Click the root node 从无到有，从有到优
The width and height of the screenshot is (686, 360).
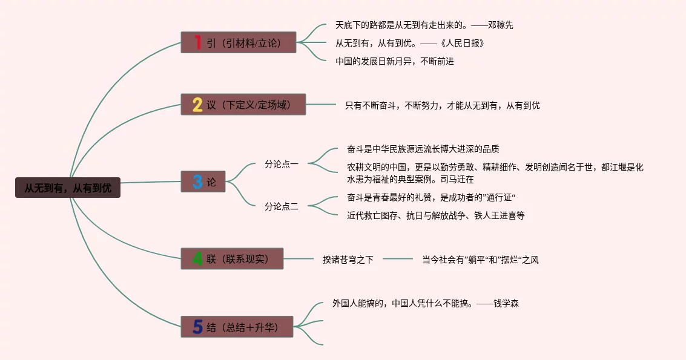(68, 188)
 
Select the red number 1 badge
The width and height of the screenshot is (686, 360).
(197, 42)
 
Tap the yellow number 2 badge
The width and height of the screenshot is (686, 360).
(197, 105)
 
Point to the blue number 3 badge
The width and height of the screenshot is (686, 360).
(197, 182)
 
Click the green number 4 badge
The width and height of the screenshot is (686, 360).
(197, 259)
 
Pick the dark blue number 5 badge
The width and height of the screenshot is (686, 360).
(197, 327)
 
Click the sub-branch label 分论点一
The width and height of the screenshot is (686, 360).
(282, 163)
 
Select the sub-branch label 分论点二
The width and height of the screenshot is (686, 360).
(282, 206)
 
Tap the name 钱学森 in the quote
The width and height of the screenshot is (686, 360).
(506, 303)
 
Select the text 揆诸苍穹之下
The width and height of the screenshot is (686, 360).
(348, 260)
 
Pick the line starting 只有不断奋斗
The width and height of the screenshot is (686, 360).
(442, 105)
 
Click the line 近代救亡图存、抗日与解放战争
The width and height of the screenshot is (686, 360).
(435, 215)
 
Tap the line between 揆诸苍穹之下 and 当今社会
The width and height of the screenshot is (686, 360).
(397, 259)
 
